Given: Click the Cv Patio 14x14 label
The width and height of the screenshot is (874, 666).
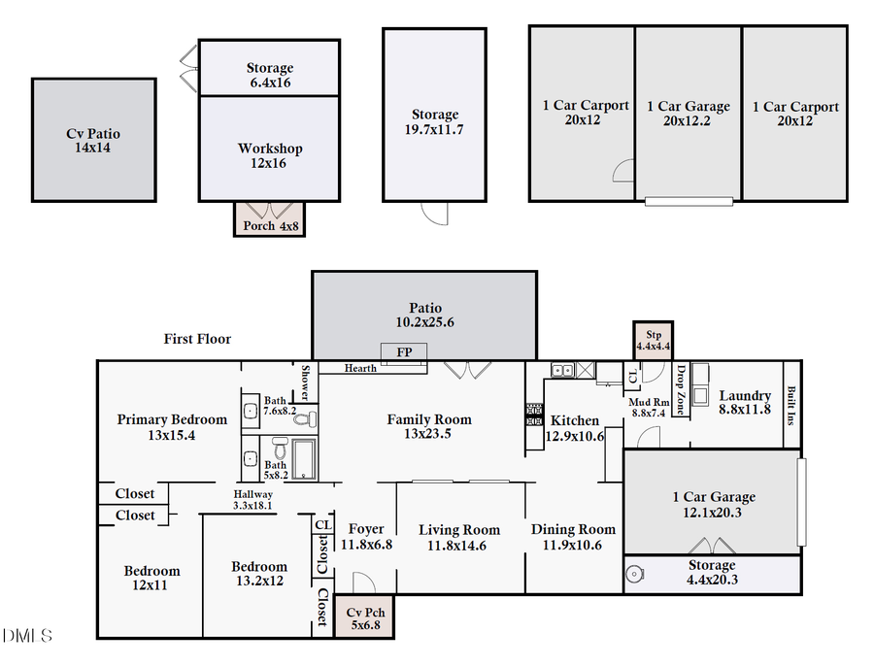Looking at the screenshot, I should point(94,141).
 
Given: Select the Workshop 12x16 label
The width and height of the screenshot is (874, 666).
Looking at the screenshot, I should point(270,155).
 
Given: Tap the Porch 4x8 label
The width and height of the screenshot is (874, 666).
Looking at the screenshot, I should point(269,226).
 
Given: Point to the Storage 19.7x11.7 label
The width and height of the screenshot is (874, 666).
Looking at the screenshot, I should point(434,121).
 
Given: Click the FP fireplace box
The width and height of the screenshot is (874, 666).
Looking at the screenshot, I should point(404,351).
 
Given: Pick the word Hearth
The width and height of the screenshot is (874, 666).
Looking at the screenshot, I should point(360,368).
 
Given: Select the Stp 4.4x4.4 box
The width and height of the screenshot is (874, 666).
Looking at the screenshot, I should point(652,339).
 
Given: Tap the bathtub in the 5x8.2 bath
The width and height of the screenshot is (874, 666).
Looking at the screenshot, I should point(303,458).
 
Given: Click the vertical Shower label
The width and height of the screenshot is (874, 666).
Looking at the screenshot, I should point(304,383).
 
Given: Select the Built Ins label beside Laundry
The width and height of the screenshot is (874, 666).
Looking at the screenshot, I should point(792,405).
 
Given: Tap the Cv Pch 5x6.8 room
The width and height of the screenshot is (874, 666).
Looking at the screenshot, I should point(365,618).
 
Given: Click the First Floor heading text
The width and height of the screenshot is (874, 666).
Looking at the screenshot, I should point(197,339).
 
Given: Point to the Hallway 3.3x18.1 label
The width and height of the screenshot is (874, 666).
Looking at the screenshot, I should point(252,499).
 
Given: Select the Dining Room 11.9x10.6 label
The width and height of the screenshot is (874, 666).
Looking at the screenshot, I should point(573,536).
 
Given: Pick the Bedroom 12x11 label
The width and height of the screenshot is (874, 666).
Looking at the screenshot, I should point(152,578).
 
